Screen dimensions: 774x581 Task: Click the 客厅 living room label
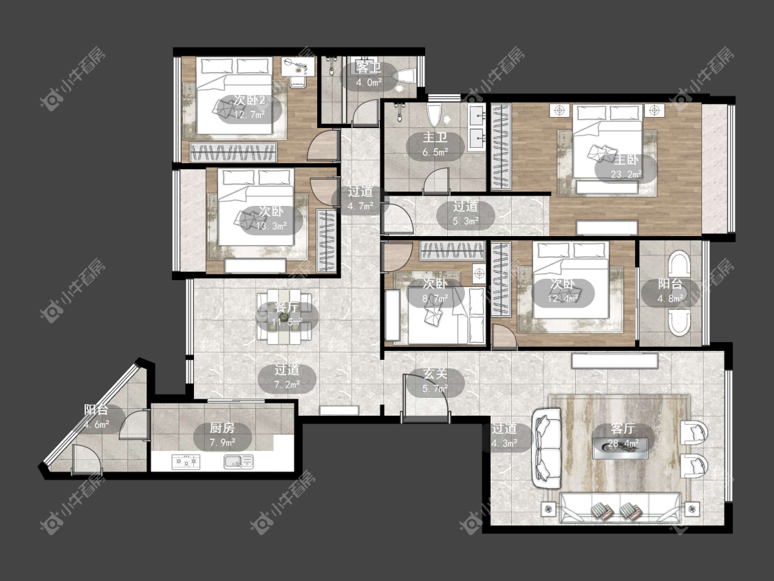(623, 428)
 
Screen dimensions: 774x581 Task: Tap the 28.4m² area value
(623, 443)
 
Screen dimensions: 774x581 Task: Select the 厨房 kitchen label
(222, 428)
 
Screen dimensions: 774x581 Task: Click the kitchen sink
(239, 462)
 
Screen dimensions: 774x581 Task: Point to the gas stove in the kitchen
(186, 462)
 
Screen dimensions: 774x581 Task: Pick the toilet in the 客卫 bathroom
(404, 76)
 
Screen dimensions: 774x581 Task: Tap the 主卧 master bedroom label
(626, 160)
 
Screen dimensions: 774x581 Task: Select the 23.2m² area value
(626, 174)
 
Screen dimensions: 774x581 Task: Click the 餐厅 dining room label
(287, 307)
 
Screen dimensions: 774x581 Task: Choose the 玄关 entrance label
(435, 374)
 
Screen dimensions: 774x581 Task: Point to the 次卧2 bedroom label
(250, 101)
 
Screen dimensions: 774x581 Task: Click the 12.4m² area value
(563, 299)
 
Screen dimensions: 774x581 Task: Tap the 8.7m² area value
(435, 299)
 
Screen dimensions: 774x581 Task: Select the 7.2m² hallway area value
(287, 384)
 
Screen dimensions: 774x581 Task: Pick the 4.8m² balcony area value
(670, 299)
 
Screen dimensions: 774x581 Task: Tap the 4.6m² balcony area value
(96, 424)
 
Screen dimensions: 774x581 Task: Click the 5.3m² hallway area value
(466, 222)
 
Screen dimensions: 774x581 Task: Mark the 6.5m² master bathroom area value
(435, 152)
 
